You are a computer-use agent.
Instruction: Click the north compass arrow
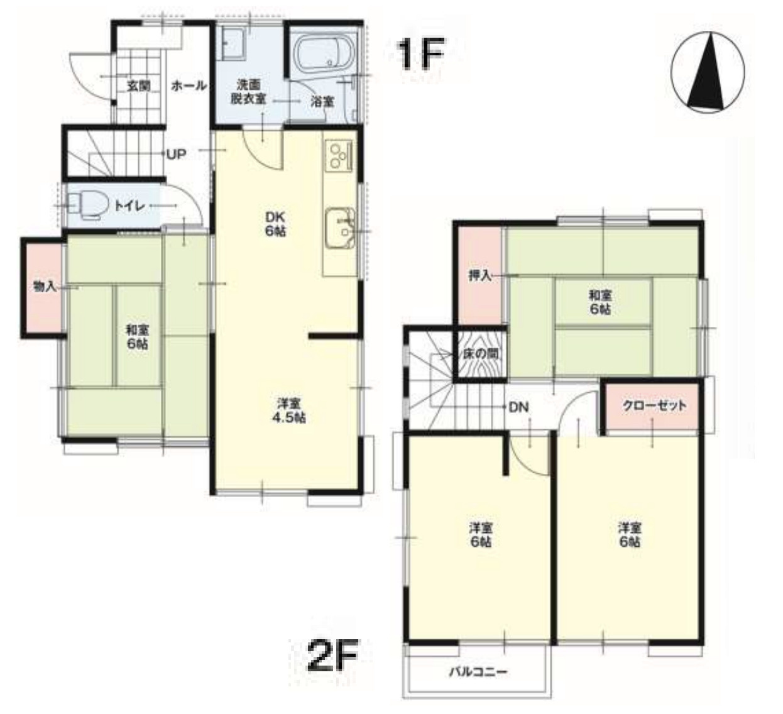click(x=706, y=74)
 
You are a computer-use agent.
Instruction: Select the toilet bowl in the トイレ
click(x=87, y=206)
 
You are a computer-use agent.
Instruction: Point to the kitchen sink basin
click(x=340, y=228)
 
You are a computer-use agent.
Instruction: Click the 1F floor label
click(x=420, y=54)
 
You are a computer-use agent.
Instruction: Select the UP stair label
click(x=177, y=155)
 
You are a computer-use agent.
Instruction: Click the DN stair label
click(x=518, y=407)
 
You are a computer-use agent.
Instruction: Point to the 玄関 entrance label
click(x=139, y=86)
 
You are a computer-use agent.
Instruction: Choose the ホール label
click(x=189, y=85)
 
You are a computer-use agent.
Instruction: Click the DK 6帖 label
click(x=275, y=224)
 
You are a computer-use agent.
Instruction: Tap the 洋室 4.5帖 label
click(x=289, y=410)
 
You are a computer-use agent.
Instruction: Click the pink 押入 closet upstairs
click(x=480, y=275)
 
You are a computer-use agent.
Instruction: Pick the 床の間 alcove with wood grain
click(x=481, y=354)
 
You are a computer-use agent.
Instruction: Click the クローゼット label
click(x=654, y=405)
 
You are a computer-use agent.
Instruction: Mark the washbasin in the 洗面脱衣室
click(x=233, y=45)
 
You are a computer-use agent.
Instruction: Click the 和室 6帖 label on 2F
click(x=600, y=302)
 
